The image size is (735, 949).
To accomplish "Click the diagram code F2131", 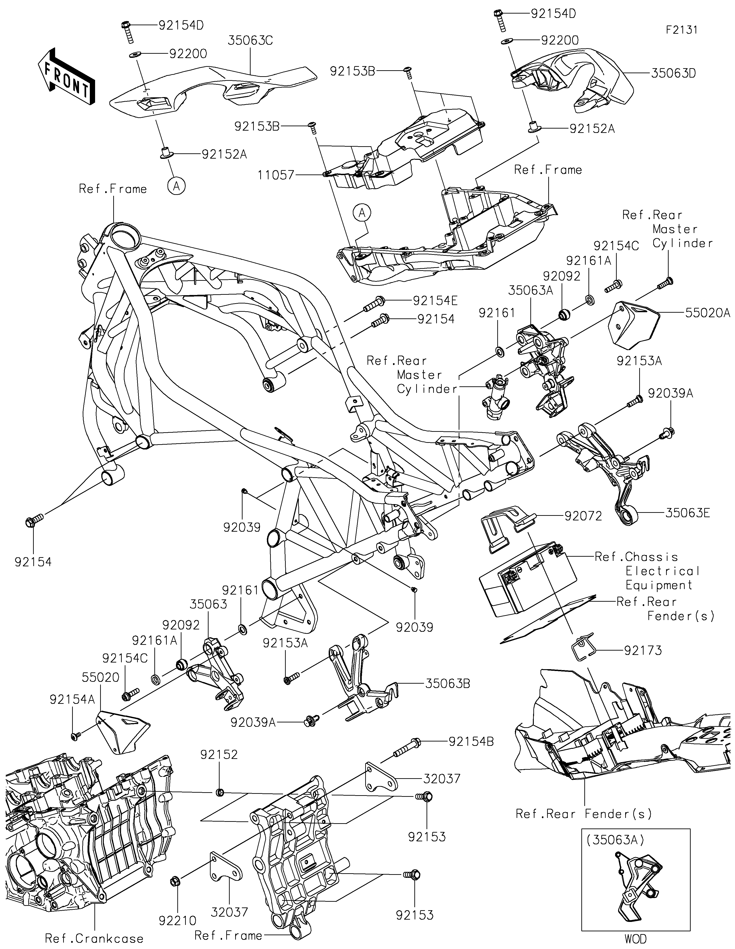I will pos(681,30).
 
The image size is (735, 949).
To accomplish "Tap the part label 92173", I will pos(643,663).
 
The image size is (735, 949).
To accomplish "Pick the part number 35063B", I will pos(448,683).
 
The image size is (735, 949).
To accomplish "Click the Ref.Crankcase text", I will pos(94,939).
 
